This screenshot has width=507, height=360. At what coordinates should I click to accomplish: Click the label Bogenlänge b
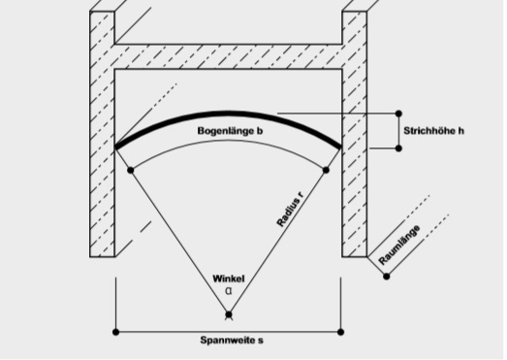point(230,131)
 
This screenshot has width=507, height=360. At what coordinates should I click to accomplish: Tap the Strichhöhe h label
point(433,131)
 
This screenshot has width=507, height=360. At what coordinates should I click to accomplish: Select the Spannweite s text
point(232,341)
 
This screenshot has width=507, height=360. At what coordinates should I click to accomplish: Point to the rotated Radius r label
point(291,210)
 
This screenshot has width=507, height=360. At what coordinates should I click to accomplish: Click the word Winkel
point(229,278)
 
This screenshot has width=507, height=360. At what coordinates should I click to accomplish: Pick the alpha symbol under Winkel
point(229,291)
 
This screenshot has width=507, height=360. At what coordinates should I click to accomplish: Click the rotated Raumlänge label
point(399,245)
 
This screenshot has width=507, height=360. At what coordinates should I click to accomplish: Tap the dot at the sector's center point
point(229,314)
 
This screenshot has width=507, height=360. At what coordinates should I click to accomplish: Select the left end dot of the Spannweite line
point(115,332)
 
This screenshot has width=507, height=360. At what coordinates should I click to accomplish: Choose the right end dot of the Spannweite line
point(340,332)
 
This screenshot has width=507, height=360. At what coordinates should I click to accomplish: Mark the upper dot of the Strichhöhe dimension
point(398,114)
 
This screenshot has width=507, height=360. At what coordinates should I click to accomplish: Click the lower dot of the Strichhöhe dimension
point(398,148)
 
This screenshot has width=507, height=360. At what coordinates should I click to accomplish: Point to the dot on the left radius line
point(130,170)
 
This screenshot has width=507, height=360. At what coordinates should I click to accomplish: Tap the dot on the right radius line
point(326,170)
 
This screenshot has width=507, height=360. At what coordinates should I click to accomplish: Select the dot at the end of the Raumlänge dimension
point(387,277)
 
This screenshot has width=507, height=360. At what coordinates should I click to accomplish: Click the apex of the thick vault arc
point(228,113)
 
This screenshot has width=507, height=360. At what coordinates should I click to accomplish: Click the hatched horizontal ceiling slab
point(228,56)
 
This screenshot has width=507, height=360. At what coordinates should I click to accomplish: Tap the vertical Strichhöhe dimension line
point(398,131)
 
